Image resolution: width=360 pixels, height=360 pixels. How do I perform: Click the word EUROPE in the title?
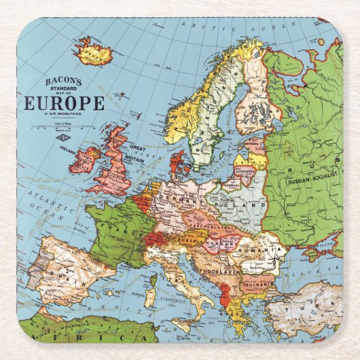(65, 103)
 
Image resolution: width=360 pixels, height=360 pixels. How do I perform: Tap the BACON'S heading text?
(62, 82)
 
